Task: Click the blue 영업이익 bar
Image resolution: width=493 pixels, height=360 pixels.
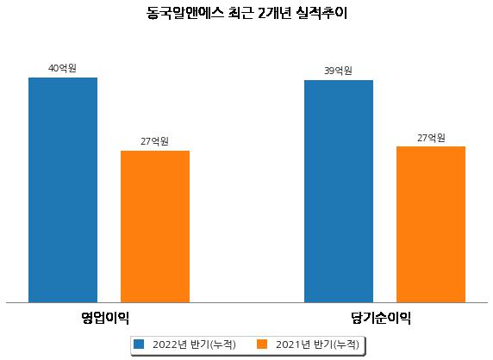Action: [63, 190]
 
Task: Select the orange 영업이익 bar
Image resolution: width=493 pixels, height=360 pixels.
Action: [155, 227]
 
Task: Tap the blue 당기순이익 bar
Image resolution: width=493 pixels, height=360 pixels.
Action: [339, 191]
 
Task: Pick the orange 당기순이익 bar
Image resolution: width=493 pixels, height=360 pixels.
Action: [431, 224]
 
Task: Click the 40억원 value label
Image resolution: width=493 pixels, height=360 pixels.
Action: [62, 68]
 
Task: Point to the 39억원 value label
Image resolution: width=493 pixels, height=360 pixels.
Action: [338, 71]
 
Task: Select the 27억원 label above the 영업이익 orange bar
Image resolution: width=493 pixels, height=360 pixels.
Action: [154, 141]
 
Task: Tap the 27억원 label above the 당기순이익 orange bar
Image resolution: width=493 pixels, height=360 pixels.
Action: [431, 138]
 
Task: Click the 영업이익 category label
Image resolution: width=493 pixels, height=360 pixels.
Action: [105, 318]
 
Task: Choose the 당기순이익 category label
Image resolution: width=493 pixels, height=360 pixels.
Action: [381, 318]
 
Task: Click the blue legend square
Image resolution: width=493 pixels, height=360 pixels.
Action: [139, 344]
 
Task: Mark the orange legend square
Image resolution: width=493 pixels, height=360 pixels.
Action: [262, 344]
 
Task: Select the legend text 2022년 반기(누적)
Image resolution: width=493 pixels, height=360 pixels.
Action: [194, 344]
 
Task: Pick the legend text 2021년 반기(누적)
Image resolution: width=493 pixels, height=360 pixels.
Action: [317, 344]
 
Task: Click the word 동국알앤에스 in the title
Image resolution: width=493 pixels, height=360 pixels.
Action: [185, 14]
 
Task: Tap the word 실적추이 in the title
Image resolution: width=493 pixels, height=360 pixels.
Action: [321, 14]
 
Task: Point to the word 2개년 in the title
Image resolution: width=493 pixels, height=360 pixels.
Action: [274, 14]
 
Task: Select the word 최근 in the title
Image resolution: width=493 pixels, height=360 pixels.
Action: [240, 14]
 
